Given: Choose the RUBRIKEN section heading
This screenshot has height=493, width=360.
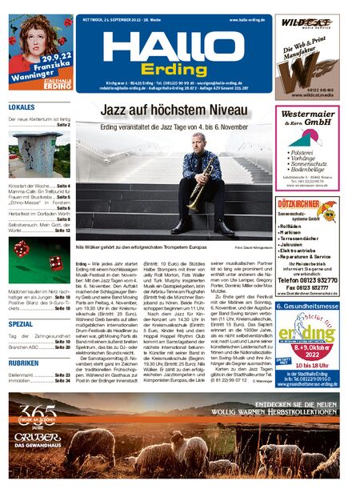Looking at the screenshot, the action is (23, 363).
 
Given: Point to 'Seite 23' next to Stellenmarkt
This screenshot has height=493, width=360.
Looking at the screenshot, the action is (62, 375).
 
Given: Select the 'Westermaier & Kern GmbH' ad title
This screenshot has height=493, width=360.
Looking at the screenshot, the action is (306, 118).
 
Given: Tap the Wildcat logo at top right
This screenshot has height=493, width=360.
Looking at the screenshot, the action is (306, 25).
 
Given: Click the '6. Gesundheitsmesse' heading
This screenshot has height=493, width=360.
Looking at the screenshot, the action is (307, 307).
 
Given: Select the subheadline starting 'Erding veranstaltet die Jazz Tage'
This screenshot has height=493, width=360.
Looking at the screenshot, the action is (174, 126).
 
